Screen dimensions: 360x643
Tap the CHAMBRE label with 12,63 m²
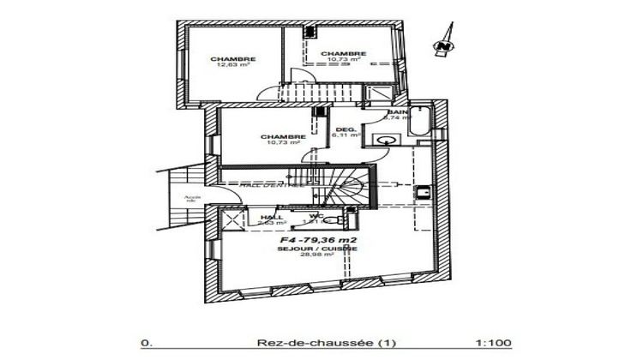click(x=227, y=58)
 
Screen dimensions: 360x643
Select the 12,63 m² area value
click(x=227, y=65)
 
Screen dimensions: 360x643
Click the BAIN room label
click(x=396, y=113)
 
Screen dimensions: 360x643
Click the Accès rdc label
click(x=192, y=200)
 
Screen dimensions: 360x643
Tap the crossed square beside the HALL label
click(x=232, y=220)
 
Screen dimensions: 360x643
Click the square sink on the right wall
click(x=422, y=193)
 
